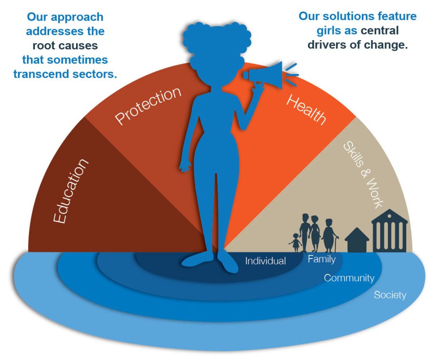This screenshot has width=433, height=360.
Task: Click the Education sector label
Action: point(71,191)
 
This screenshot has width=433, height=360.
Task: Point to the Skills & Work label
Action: point(363,175)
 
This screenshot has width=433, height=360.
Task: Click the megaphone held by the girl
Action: point(265,75)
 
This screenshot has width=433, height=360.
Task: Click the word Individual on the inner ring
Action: point(266,261)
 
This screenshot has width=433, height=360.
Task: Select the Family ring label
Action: point(322,259)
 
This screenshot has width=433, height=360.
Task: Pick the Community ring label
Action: point(349,278)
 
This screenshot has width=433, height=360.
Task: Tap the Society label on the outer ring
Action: point(390,295)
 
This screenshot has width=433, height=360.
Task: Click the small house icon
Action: point(357,240)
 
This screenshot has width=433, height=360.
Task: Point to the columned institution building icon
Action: point(389,231)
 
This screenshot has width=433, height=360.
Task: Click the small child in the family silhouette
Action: point(296,243)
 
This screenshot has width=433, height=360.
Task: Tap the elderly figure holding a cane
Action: point(329,236)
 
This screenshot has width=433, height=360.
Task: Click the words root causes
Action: point(65,46)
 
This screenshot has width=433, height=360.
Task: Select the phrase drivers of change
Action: point(358,45)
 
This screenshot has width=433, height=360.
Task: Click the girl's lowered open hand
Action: point(185,167)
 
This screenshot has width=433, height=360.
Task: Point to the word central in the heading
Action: point(380,30)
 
